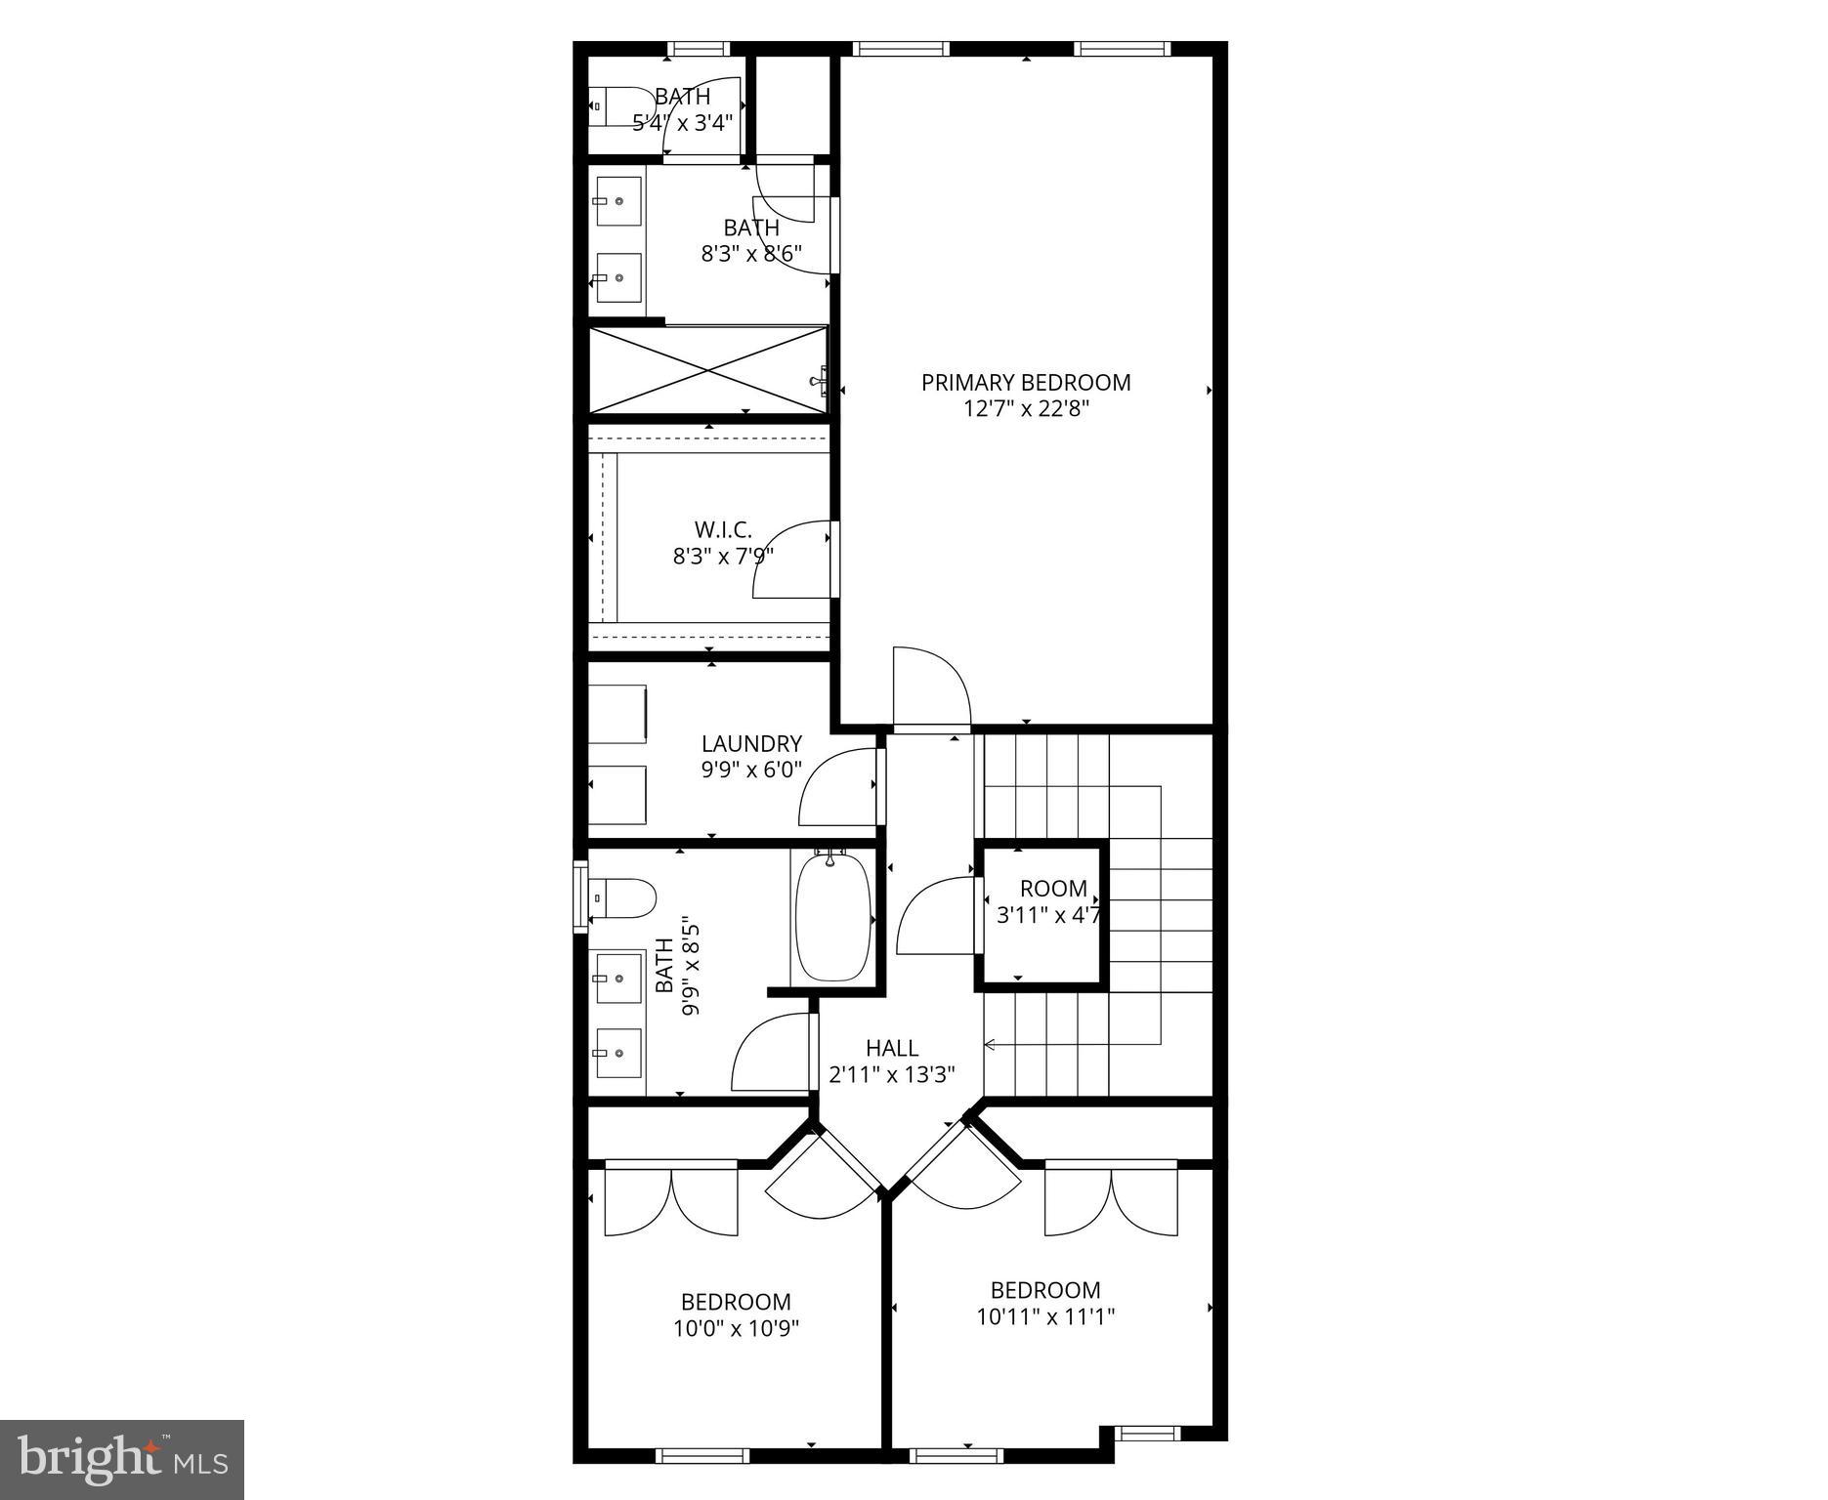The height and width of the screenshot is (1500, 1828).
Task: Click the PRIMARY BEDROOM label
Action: (x=1026, y=383)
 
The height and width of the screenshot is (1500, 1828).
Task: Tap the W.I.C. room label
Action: (x=723, y=530)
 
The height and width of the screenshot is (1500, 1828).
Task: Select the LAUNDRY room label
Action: (x=751, y=744)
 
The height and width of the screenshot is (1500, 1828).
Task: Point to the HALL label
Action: (x=891, y=1048)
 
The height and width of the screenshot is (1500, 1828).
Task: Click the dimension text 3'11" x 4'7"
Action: (x=1048, y=916)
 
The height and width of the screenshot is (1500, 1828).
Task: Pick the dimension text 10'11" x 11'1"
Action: (x=1045, y=1316)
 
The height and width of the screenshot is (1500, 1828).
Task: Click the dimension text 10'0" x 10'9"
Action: (x=736, y=1328)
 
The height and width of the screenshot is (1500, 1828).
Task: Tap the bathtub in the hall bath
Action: (x=832, y=917)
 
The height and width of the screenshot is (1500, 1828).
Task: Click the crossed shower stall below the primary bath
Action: (x=708, y=370)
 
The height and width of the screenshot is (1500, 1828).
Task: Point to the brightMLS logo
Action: (x=122, y=1459)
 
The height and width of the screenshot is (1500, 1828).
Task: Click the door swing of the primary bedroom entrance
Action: (x=930, y=687)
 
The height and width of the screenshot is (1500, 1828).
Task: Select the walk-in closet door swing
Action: (x=790, y=561)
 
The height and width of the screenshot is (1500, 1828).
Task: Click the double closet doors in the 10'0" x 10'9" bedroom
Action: (x=670, y=1201)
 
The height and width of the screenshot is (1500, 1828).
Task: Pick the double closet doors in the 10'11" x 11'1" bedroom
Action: (x=1111, y=1201)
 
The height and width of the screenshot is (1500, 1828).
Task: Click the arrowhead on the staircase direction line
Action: (x=989, y=1045)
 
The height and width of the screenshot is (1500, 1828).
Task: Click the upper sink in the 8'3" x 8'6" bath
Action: (x=617, y=201)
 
